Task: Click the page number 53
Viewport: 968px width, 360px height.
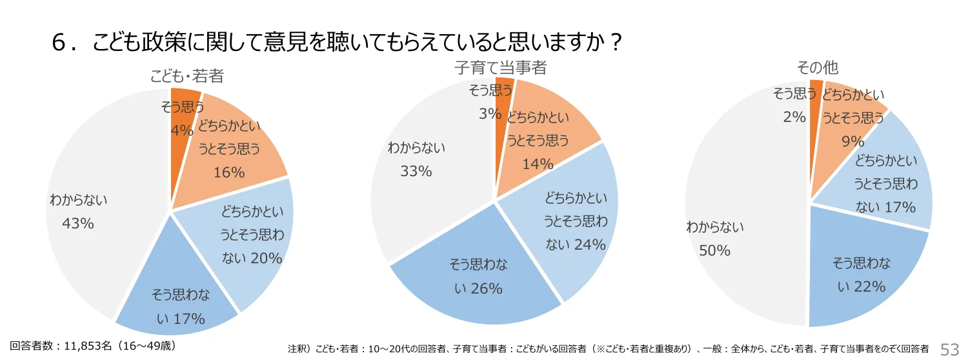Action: coord(950,349)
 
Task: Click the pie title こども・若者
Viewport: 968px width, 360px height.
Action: coord(187,76)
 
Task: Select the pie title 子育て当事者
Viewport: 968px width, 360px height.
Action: coord(500,67)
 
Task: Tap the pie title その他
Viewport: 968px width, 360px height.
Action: coord(817,68)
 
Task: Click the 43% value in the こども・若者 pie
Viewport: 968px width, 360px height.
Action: coord(78,223)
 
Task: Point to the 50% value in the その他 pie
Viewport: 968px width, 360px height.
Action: coord(714,250)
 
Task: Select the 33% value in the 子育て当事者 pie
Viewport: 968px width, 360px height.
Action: coord(416,171)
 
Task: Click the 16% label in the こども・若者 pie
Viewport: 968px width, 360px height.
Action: coord(229,172)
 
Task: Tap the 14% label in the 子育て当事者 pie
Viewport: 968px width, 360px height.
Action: coord(538,164)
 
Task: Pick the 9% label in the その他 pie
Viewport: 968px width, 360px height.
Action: coord(852,140)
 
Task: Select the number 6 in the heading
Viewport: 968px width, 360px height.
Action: coord(60,45)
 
